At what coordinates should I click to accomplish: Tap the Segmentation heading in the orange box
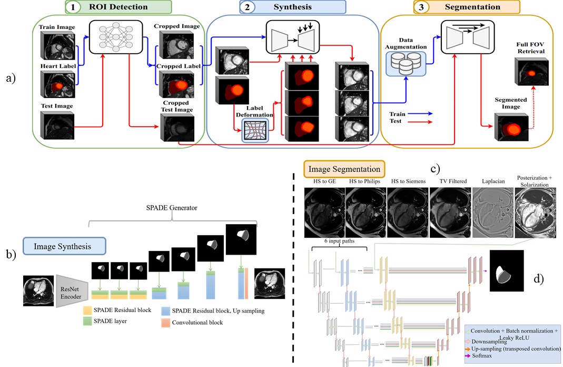pyautogui.click(x=472, y=7)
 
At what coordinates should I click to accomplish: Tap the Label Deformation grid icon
pyautogui.click(x=255, y=130)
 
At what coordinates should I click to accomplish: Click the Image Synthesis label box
pyautogui.click(x=64, y=246)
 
